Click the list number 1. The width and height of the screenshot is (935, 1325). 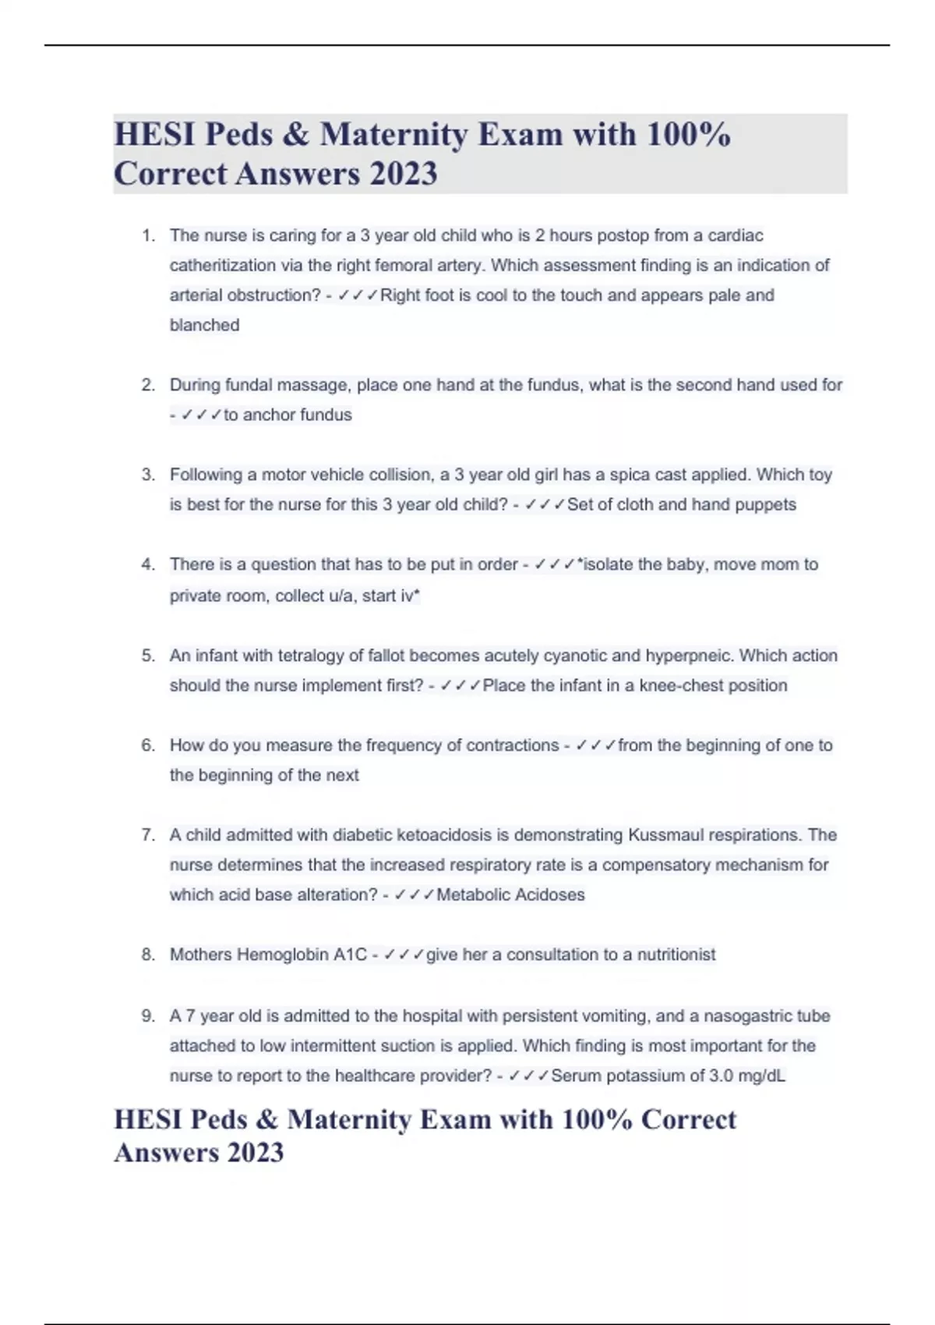click(148, 235)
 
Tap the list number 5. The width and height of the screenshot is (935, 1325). click(148, 655)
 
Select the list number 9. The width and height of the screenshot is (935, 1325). click(148, 1016)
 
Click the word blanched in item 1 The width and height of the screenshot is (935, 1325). click(204, 325)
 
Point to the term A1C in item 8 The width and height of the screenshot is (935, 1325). click(350, 955)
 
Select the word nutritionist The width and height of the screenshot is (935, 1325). click(676, 955)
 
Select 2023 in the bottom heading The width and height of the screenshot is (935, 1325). click(254, 1152)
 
